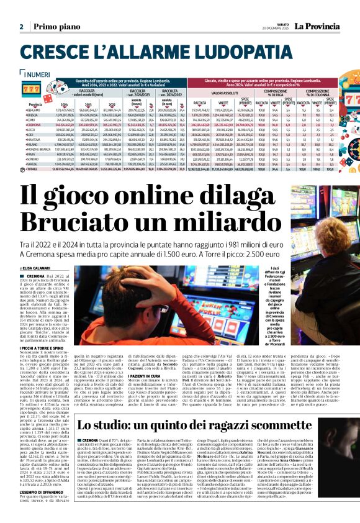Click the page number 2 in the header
[x=21, y=27]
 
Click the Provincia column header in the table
[x=35, y=104]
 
